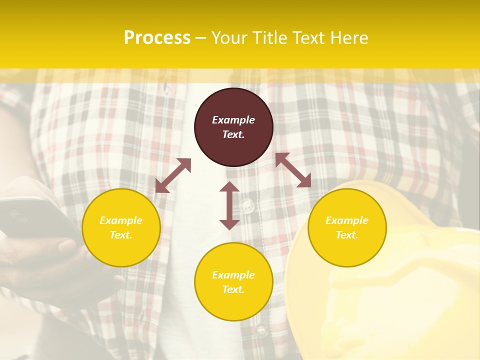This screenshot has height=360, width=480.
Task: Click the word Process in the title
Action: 157,38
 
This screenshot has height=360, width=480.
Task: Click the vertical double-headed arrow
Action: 229,205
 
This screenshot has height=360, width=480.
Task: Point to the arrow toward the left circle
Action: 173,175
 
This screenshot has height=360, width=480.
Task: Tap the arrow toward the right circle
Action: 293,170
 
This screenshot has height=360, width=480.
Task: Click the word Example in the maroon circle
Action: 233,120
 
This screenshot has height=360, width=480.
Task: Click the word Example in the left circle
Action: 121,220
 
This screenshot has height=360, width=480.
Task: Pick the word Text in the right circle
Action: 346,235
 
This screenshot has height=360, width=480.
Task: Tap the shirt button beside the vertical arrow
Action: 246,205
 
